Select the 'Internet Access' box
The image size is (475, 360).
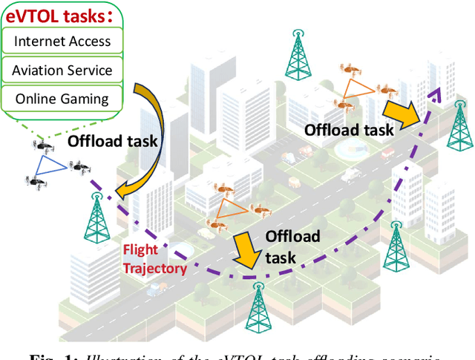[62, 42]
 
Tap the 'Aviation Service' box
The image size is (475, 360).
[62, 71]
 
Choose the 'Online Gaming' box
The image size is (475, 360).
[62, 99]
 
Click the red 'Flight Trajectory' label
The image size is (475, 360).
[154, 259]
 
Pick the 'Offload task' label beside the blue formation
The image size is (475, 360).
[112, 141]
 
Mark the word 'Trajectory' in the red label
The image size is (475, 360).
[154, 268]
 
